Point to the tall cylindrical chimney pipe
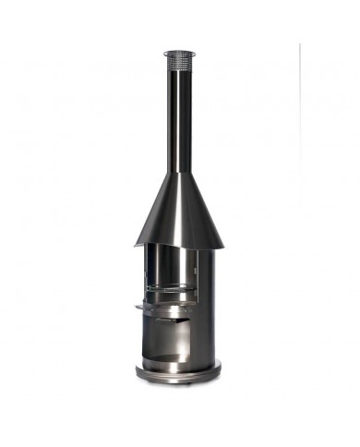coord(178,120)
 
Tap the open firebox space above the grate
coord(174,268)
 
